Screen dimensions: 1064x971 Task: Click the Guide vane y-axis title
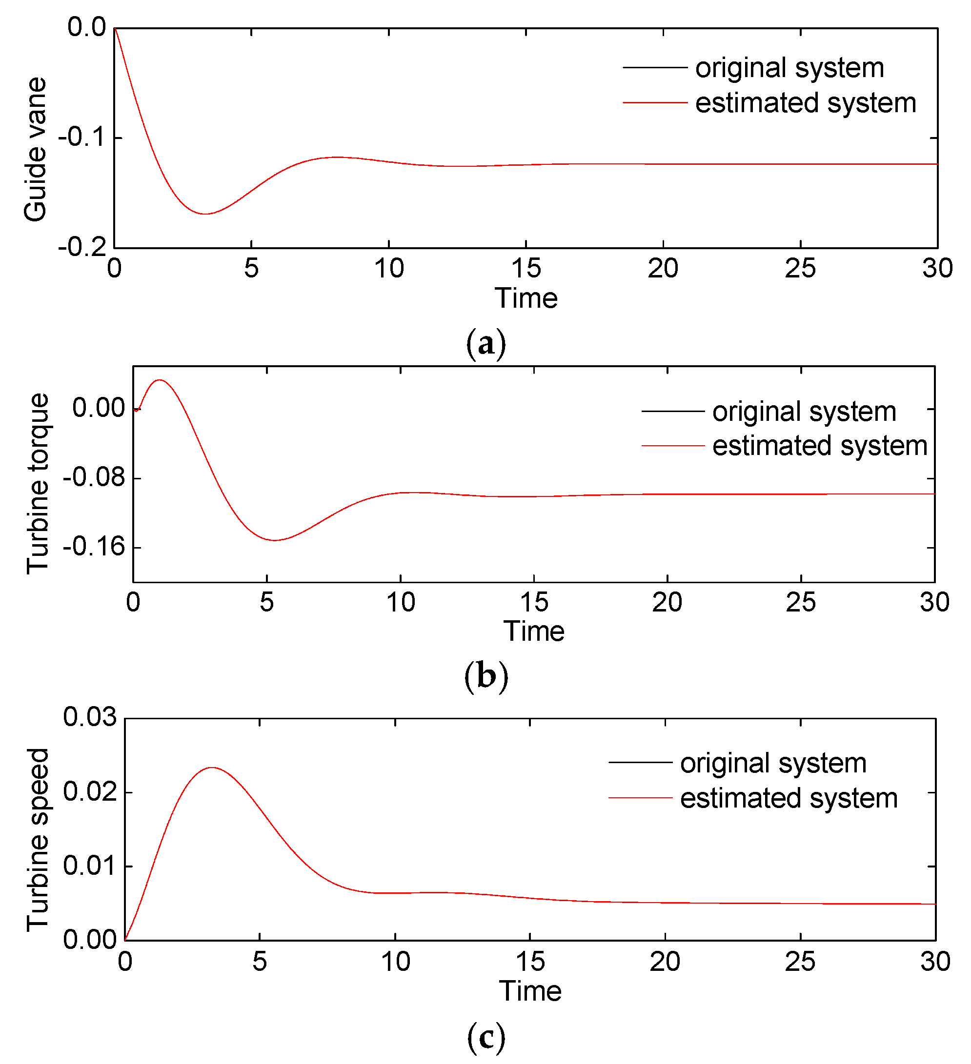(x=36, y=149)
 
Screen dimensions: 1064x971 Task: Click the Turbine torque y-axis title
(x=38, y=483)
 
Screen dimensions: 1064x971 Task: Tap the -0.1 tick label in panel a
(x=82, y=137)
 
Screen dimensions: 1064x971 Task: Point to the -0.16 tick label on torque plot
(x=94, y=547)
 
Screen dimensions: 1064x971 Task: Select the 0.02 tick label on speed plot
(x=89, y=792)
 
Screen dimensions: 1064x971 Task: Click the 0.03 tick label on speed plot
(x=89, y=717)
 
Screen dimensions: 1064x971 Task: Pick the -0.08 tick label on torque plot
(x=94, y=478)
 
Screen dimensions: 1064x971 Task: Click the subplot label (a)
(x=486, y=344)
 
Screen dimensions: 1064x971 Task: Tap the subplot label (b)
(x=486, y=677)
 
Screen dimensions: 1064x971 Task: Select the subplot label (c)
(x=486, y=1037)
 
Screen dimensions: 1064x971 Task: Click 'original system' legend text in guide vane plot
(x=789, y=68)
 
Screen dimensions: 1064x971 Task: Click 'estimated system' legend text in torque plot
(x=819, y=446)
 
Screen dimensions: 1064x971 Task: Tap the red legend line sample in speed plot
(x=640, y=797)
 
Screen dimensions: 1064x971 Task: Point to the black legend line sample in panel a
(x=655, y=68)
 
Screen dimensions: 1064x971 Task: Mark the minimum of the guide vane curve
(x=205, y=214)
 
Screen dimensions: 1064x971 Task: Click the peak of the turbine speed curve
(x=212, y=768)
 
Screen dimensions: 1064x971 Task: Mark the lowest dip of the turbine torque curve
(x=275, y=540)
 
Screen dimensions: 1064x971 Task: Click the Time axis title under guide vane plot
(x=526, y=299)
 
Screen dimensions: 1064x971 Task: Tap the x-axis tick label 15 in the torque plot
(x=534, y=603)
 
